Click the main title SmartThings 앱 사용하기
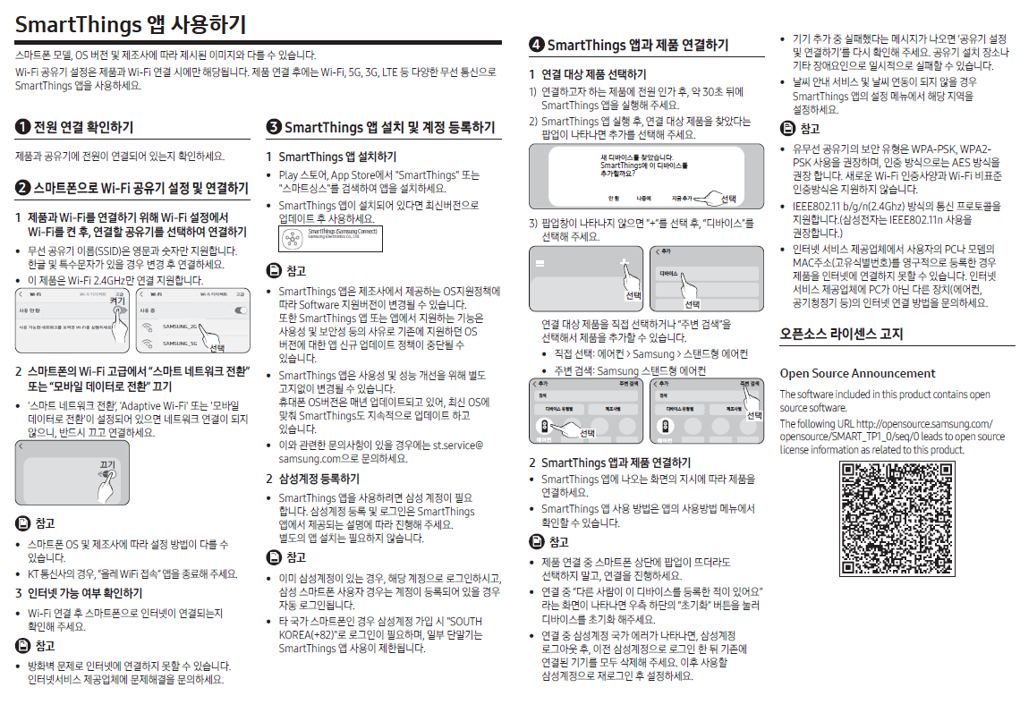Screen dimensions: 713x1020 [x=131, y=25]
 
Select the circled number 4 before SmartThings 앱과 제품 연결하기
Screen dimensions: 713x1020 [x=536, y=45]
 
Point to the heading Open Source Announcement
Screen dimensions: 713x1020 [x=857, y=373]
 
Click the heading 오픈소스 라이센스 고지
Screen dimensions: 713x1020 [x=841, y=334]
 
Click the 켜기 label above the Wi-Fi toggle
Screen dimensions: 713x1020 [x=116, y=301]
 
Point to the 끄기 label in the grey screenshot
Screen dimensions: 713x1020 [x=107, y=464]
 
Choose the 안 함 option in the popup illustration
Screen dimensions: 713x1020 [x=614, y=198]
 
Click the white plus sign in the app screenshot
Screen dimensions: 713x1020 [x=624, y=265]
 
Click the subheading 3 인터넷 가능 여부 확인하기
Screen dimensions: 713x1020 [x=79, y=593]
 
